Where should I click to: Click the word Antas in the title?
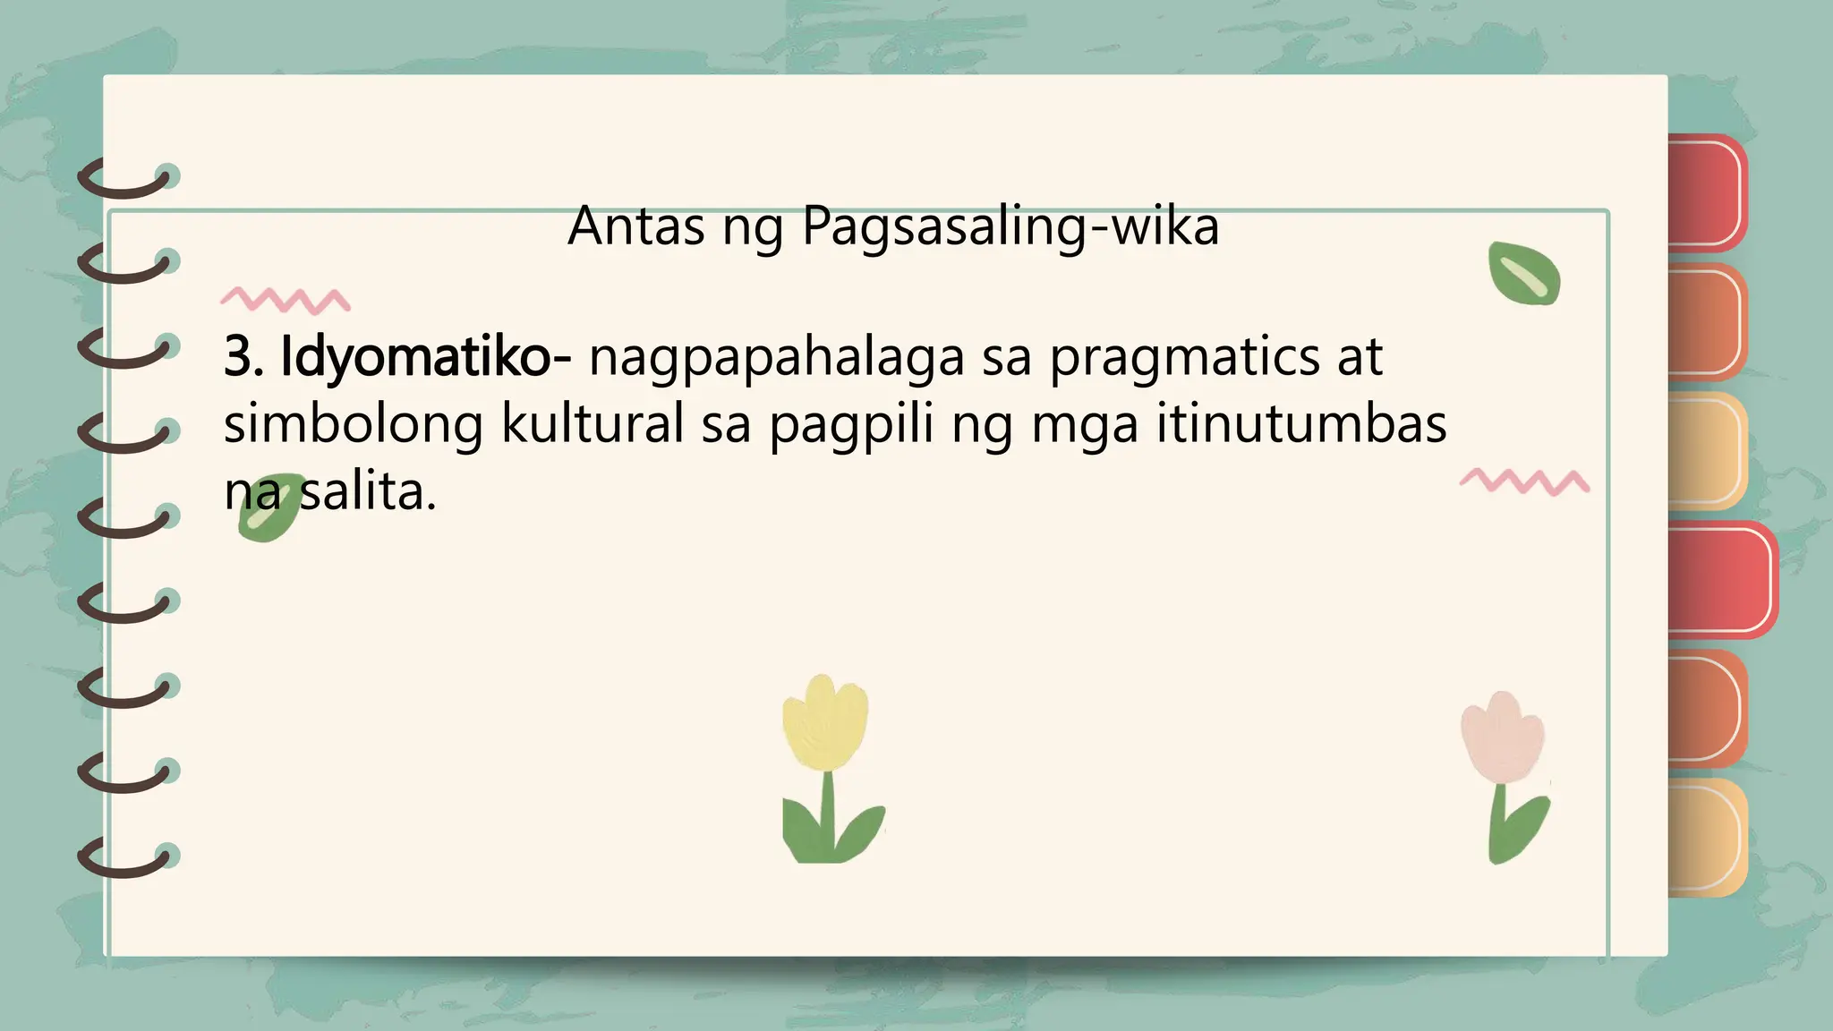[x=636, y=226]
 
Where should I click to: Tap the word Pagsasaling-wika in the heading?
[x=1010, y=227]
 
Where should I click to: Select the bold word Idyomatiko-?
[x=425, y=357]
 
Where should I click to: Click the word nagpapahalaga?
[x=776, y=359]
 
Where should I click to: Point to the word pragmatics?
[x=1184, y=359]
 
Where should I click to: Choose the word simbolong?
[x=353, y=424]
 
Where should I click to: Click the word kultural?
[x=592, y=424]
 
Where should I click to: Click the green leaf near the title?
[x=1523, y=274]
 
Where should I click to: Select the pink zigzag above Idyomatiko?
[x=285, y=300]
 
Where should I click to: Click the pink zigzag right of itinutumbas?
[x=1524, y=481]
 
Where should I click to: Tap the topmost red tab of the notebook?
[x=1706, y=192]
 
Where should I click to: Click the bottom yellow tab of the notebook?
[x=1706, y=838]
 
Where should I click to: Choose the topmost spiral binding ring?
[x=125, y=178]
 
